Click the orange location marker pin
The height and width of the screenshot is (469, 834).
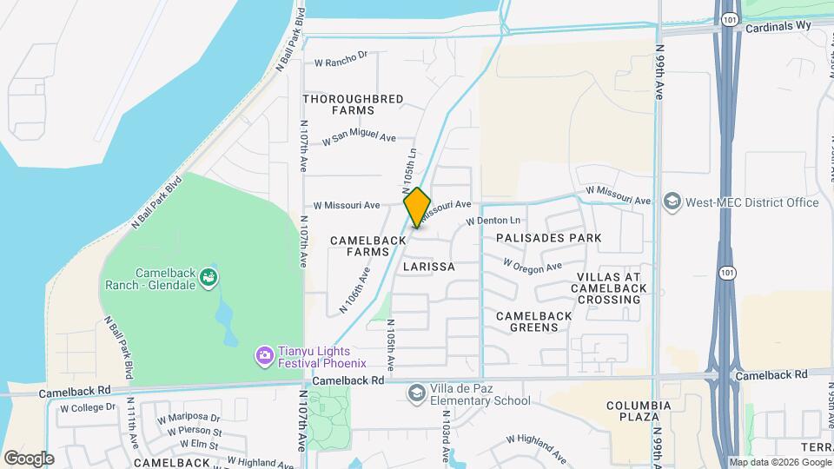pos(417,207)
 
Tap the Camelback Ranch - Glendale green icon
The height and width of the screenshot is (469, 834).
pos(208,277)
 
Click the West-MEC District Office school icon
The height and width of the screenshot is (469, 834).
pos(672,202)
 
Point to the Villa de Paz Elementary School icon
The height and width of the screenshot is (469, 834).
pos(416,394)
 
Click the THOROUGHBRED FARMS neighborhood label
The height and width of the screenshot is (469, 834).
pos(353,104)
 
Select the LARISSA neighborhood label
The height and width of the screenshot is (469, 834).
pos(429,267)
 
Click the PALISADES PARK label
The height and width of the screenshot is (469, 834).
pos(548,237)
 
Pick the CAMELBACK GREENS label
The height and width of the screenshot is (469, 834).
pos(534,321)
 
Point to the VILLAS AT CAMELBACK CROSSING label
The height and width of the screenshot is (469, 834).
pos(609,288)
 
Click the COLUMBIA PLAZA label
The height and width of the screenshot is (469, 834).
pos(639,412)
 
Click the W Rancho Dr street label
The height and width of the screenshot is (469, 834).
pos(341,58)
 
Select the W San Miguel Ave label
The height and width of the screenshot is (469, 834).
pos(359,139)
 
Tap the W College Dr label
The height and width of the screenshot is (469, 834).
pos(87,406)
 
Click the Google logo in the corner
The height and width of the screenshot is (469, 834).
pos(29,458)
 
